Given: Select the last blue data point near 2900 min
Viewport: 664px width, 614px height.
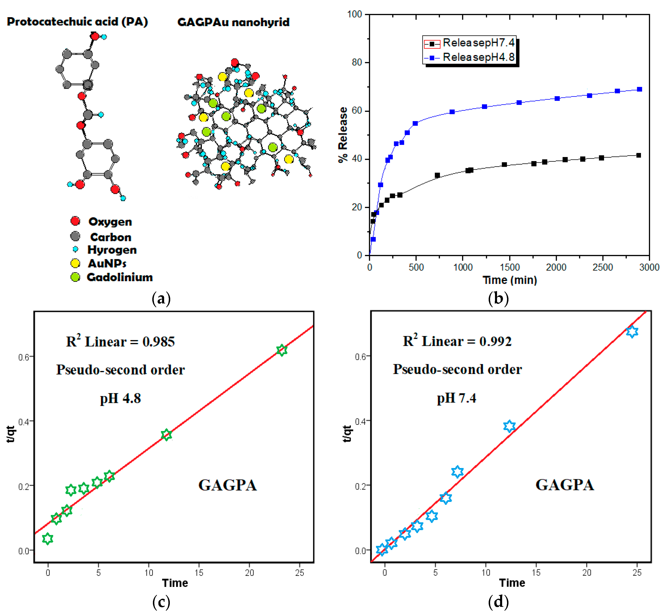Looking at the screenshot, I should (x=639, y=89).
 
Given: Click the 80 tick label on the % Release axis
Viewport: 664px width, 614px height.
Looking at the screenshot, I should (x=357, y=62).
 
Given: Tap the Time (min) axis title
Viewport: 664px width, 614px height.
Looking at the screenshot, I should (x=509, y=280).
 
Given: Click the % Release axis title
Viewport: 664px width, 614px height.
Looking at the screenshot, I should (x=343, y=135).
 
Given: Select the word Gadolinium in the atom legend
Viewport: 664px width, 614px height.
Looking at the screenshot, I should (x=120, y=277).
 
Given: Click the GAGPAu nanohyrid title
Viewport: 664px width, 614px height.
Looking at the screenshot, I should (x=233, y=22).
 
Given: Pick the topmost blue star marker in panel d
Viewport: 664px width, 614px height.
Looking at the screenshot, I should (x=632, y=331).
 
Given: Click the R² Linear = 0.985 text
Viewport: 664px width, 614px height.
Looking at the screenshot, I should (x=120, y=342).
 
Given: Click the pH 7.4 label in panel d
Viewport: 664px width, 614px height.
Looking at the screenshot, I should (x=456, y=398).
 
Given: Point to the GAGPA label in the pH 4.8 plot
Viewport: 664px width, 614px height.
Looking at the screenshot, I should (x=228, y=485).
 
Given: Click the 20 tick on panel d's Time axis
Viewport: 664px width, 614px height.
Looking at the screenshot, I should (x=587, y=572).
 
